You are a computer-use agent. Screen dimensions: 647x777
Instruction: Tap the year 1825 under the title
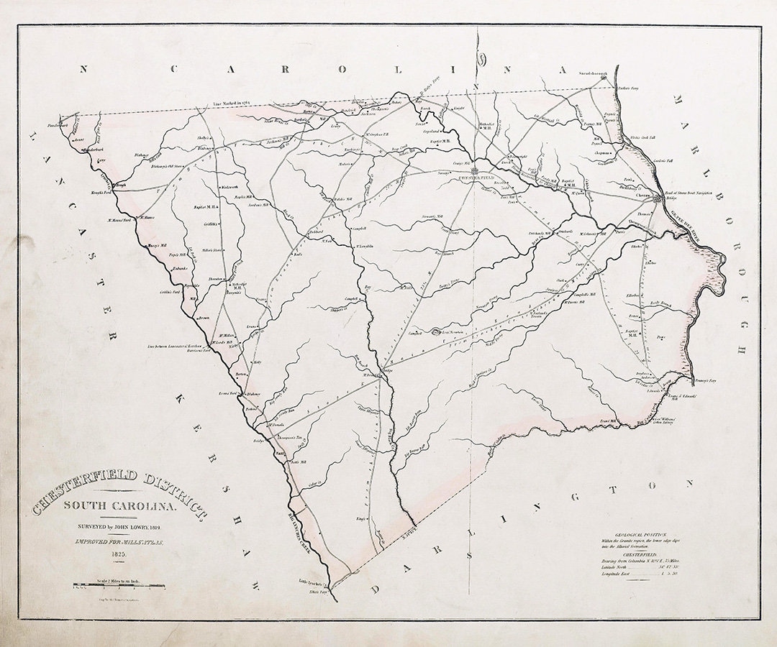coord(119,554)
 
